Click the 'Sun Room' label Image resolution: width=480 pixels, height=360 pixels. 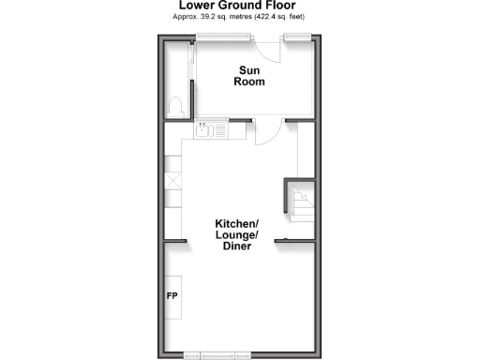pyautogui.click(x=250, y=76)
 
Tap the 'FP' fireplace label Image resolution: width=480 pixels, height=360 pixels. pyautogui.click(x=172, y=297)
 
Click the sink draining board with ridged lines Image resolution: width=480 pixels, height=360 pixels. pyautogui.click(x=221, y=131)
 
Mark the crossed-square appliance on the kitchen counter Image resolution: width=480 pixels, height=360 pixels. pyautogui.click(x=172, y=182)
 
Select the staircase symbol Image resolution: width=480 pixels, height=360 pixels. pyautogui.click(x=303, y=200)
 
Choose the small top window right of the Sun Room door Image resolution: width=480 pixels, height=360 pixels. pyautogui.click(x=296, y=37)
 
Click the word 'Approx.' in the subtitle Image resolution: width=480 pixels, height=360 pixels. pyautogui.click(x=188, y=17)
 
